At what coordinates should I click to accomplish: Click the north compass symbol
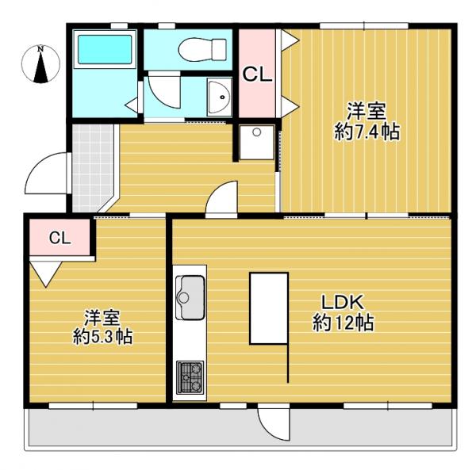41,65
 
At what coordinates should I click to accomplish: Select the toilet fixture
195,49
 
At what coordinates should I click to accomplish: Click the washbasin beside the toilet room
217,96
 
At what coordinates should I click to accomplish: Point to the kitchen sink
189,293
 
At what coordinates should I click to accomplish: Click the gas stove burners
189,376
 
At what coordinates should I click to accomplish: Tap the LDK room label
341,302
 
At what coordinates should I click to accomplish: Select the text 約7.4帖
367,132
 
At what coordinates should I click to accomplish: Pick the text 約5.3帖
102,337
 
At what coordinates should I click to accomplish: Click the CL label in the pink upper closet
257,75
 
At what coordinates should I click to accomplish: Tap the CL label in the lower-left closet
59,237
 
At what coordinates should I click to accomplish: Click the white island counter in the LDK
269,308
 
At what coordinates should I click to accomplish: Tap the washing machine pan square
256,142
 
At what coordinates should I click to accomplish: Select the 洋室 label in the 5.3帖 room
102,317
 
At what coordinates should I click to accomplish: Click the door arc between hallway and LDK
223,199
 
